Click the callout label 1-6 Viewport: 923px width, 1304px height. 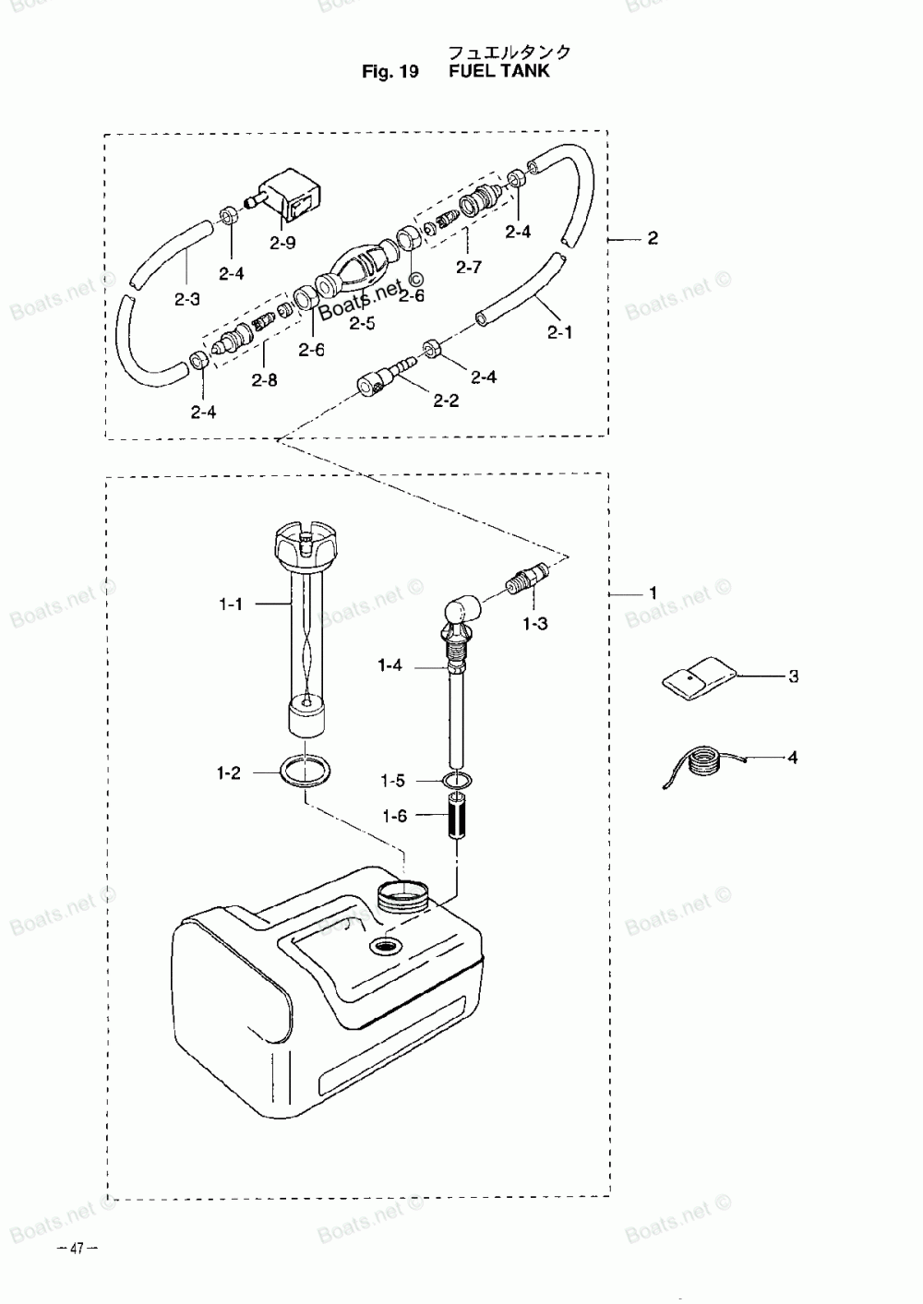pyautogui.click(x=394, y=817)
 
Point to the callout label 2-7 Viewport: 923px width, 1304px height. pyautogui.click(x=469, y=267)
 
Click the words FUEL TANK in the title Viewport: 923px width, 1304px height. pyautogui.click(x=498, y=71)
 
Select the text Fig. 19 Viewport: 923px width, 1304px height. pyautogui.click(x=391, y=72)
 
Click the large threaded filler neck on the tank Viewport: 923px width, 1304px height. pyautogui.click(x=404, y=894)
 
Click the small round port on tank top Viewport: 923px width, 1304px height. pyautogui.click(x=381, y=947)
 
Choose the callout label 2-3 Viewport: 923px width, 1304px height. pyautogui.click(x=186, y=299)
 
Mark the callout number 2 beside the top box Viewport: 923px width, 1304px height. pyautogui.click(x=653, y=239)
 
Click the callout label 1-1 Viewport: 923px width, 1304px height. pyautogui.click(x=231, y=604)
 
